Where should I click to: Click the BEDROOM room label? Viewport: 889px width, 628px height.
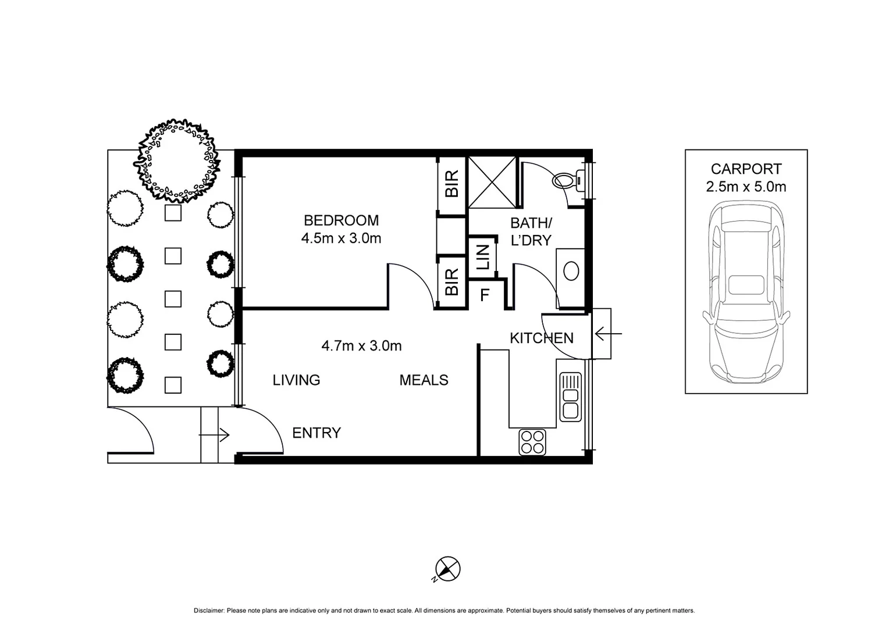pos(341,220)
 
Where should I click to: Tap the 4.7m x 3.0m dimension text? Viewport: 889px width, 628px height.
pos(361,346)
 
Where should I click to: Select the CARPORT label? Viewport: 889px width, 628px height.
pos(746,169)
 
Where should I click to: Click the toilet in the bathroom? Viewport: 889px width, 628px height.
pos(568,180)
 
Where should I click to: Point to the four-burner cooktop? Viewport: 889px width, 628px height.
pos(532,441)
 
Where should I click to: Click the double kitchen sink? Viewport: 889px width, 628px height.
pos(570,396)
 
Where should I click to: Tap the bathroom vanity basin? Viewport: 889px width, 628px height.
pos(571,271)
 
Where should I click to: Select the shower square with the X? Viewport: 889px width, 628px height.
pos(492,182)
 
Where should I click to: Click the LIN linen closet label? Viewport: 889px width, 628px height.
pos(483,256)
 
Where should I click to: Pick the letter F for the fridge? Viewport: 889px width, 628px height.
pos(484,295)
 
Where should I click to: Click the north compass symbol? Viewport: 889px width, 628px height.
pos(447,569)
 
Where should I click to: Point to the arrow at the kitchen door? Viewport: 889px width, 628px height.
pos(608,334)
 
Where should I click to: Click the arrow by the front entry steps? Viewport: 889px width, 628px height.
pos(214,434)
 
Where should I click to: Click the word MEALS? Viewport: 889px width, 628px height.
pos(424,380)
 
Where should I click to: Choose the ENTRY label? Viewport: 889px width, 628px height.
pos(316,433)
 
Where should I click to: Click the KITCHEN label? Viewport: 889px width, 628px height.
pos(541,338)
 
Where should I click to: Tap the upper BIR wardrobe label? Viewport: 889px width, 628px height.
pos(452,183)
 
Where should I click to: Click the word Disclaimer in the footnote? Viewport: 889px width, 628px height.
pos(209,611)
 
